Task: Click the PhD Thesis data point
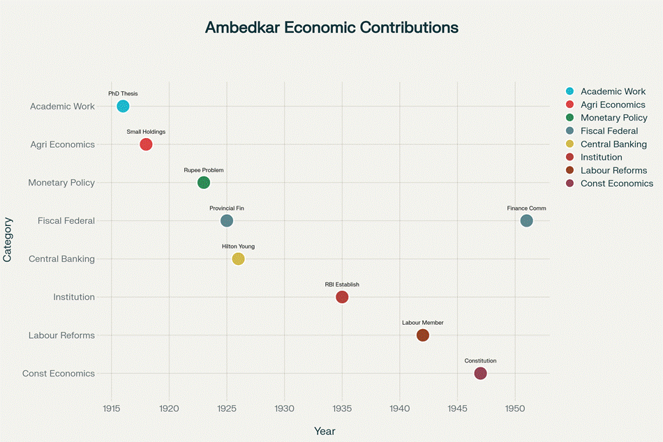[x=123, y=106]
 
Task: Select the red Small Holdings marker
[x=146, y=144]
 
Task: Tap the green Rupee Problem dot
[x=204, y=183]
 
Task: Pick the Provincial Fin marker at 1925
[x=227, y=221]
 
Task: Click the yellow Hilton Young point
[x=238, y=259]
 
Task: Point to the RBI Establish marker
[x=342, y=297]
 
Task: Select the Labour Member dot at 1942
[x=423, y=335]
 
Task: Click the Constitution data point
[x=480, y=374]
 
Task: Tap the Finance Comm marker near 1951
[x=527, y=221]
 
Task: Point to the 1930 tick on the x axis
[x=284, y=408]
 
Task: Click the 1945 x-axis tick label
[x=457, y=408]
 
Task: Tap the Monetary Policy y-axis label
[x=61, y=183]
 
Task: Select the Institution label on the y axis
[x=74, y=297]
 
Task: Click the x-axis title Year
[x=325, y=432]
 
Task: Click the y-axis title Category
[x=8, y=239]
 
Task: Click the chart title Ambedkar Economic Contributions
[x=331, y=28]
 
